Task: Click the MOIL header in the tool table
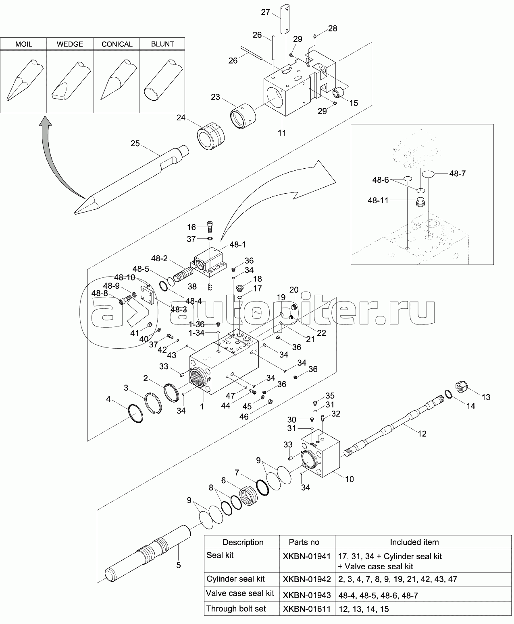pos(24,44)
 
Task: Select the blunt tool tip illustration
pos(163,80)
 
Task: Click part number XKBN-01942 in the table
pos(307,579)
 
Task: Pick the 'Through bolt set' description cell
pos(236,609)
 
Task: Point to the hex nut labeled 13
pos(461,387)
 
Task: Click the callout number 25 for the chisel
pos(135,143)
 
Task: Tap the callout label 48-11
pos(378,200)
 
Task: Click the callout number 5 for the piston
pos(178,565)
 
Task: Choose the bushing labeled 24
pos(210,136)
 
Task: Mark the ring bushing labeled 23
pos(243,116)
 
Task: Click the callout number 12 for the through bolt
pos(422,434)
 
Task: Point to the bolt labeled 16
pos(210,227)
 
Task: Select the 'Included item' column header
pos(414,542)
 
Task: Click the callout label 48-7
pos(458,174)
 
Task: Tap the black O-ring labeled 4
pos(135,413)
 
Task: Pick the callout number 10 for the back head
pos(349,479)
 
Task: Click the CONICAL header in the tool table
pos(117,44)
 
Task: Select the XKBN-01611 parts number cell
pos(307,609)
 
